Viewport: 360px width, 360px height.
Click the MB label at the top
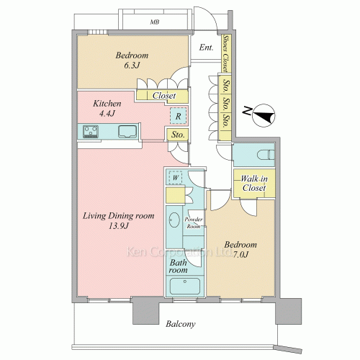tap(155, 22)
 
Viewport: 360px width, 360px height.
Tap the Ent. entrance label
tap(206, 48)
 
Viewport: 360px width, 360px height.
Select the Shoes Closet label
tap(225, 53)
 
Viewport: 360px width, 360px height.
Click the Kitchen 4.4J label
tap(107, 108)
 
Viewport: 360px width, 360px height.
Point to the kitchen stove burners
tap(91, 132)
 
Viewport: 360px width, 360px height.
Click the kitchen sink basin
tap(127, 132)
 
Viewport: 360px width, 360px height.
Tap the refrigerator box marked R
tap(178, 116)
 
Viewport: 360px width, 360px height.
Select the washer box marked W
tap(176, 178)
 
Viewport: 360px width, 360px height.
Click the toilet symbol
tap(266, 155)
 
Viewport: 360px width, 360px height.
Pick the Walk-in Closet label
tap(254, 183)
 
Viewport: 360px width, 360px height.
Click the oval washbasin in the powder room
tap(174, 220)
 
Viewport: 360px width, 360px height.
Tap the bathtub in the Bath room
tap(185, 286)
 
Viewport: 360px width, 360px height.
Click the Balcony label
tap(181, 324)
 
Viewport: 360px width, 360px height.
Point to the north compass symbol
tap(264, 116)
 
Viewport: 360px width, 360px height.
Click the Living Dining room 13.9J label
tap(119, 220)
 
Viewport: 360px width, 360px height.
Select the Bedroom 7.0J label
tap(240, 249)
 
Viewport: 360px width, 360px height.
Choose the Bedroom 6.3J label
tap(132, 60)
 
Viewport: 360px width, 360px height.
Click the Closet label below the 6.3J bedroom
tap(164, 96)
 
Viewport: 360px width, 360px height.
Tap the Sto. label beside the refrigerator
tap(178, 135)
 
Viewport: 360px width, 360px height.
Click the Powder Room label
tap(194, 222)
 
